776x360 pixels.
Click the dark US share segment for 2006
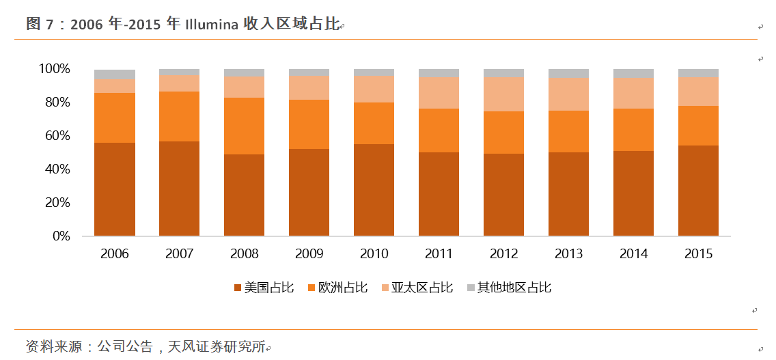point(115,189)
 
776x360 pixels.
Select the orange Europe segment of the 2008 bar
point(245,126)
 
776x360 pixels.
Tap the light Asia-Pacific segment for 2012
point(503,94)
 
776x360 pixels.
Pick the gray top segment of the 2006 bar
point(115,74)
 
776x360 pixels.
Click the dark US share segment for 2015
point(698,191)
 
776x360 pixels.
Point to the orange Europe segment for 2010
point(374,123)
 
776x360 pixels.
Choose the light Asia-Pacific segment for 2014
point(633,93)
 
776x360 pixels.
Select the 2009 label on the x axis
point(309,254)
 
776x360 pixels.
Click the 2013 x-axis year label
point(568,254)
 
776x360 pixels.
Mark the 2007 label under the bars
point(179,254)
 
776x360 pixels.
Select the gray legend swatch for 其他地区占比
point(471,288)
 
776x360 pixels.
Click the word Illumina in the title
point(211,25)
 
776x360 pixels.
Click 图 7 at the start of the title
point(39,25)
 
